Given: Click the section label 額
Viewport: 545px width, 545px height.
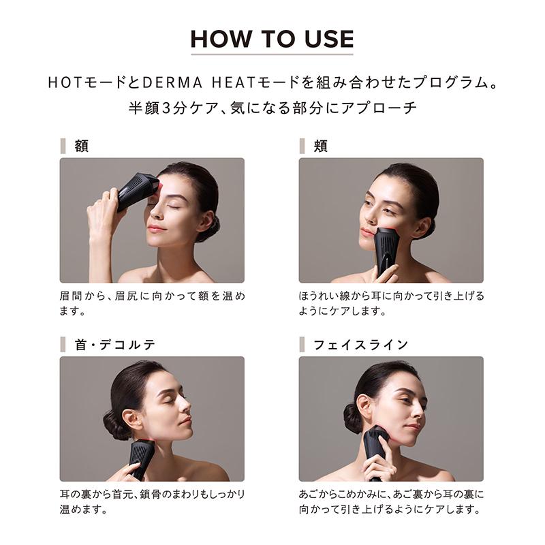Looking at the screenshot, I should click(x=81, y=146).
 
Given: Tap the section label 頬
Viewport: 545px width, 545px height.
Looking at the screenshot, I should click(x=320, y=146).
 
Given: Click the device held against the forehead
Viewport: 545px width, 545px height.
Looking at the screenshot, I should click(x=138, y=190).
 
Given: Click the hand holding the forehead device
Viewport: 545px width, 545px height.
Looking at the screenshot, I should click(x=102, y=211).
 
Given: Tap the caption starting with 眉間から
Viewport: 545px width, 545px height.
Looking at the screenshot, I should click(x=151, y=304).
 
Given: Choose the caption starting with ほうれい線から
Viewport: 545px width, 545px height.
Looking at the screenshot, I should click(x=391, y=304).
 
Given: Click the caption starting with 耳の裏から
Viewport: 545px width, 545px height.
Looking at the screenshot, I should click(x=151, y=501).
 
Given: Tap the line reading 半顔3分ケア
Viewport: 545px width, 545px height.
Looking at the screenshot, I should click(x=272, y=108).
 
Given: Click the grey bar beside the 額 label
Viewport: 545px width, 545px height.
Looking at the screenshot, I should click(x=63, y=146).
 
